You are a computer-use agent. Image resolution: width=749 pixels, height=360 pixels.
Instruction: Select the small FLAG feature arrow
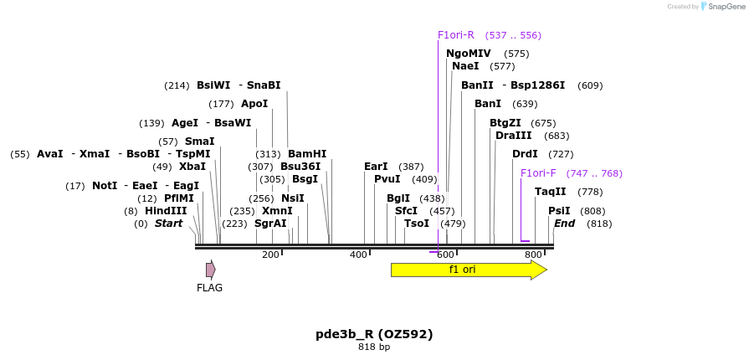pyautogui.click(x=211, y=270)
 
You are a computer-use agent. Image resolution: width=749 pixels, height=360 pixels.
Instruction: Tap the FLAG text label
pyautogui.click(x=209, y=288)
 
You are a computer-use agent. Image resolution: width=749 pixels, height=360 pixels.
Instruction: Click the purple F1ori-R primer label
pyautogui.click(x=455, y=35)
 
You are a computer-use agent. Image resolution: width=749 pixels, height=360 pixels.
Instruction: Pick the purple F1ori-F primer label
pyautogui.click(x=538, y=173)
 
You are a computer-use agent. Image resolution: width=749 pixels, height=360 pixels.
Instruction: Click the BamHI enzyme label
pyautogui.click(x=307, y=154)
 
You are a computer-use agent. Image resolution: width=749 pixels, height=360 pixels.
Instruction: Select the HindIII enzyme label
pyautogui.click(x=166, y=211)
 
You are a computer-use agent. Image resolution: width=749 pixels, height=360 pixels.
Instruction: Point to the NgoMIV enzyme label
pyautogui.click(x=469, y=54)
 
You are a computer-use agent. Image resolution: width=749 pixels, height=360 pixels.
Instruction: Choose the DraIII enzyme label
pyautogui.click(x=513, y=136)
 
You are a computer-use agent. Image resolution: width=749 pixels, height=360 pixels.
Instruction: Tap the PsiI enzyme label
pyautogui.click(x=559, y=211)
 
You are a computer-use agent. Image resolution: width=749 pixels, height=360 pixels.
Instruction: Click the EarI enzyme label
pyautogui.click(x=376, y=167)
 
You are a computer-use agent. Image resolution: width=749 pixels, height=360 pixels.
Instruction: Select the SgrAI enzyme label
pyautogui.click(x=270, y=224)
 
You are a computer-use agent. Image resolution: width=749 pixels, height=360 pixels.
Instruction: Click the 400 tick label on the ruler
pyautogui.click(x=358, y=255)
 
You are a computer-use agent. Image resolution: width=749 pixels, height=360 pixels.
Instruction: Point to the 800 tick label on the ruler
pyautogui.click(x=533, y=255)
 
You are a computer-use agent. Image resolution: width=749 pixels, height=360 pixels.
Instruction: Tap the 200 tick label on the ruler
pyautogui.click(x=270, y=255)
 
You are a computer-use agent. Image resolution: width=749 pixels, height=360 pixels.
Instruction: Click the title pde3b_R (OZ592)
pyautogui.click(x=374, y=334)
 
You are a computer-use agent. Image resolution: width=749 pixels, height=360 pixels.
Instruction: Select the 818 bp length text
pyautogui.click(x=374, y=347)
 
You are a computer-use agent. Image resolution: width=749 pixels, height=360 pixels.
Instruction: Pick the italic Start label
pyautogui.click(x=168, y=224)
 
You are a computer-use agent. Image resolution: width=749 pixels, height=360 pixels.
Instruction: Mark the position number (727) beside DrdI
pyautogui.click(x=561, y=154)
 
